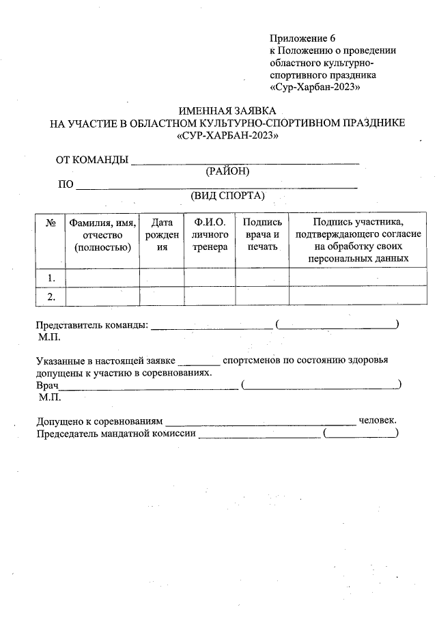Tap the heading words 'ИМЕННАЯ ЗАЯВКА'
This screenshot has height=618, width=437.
(x=227, y=111)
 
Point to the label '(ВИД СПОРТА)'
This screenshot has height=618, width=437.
(x=227, y=196)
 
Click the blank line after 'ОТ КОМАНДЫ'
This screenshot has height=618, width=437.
(x=244, y=163)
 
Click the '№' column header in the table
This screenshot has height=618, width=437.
(x=50, y=223)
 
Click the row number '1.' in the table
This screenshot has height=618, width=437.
(x=51, y=278)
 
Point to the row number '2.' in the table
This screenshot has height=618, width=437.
(x=51, y=296)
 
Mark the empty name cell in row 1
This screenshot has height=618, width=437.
(x=102, y=278)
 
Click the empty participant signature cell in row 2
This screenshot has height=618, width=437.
(x=358, y=296)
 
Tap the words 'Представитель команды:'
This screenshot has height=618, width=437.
(x=91, y=325)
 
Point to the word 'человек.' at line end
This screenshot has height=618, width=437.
(x=378, y=421)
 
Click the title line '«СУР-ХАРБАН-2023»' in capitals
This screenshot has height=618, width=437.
(x=227, y=135)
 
